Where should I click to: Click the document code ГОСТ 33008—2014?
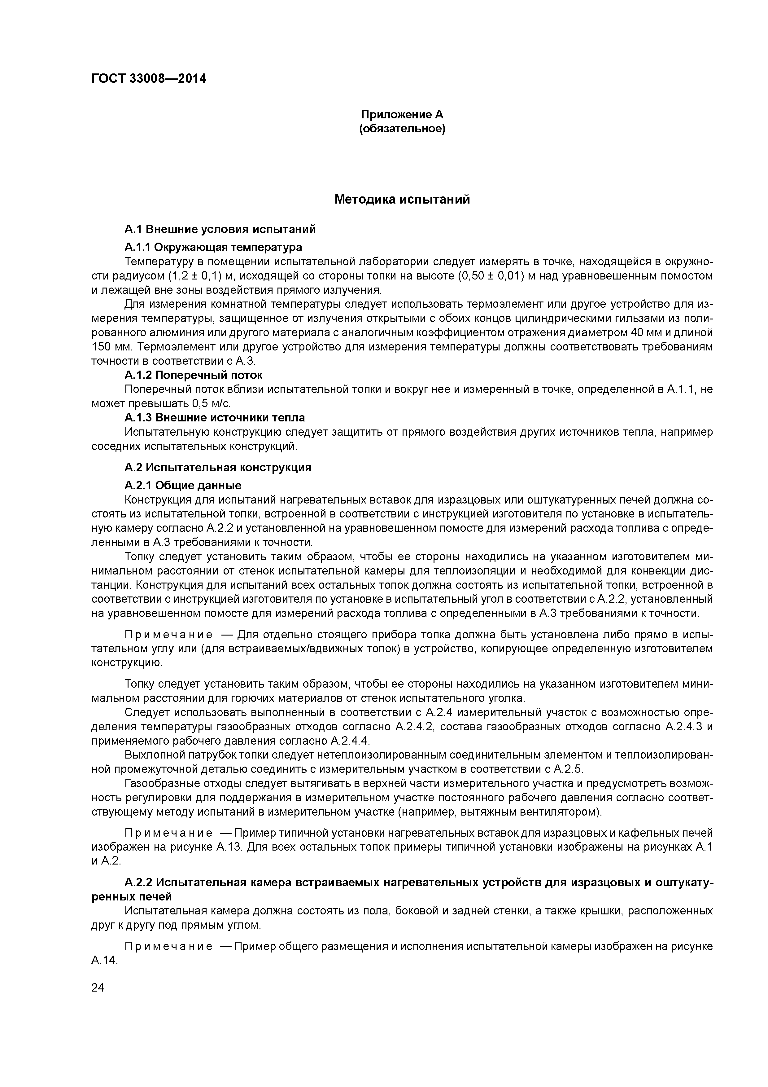[149, 79]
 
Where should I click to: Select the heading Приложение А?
[402, 115]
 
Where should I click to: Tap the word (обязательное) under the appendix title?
[402, 129]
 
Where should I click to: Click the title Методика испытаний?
[402, 199]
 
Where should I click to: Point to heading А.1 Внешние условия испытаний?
[220, 230]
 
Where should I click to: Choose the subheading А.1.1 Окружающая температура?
[213, 247]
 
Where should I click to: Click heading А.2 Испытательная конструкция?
[218, 468]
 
